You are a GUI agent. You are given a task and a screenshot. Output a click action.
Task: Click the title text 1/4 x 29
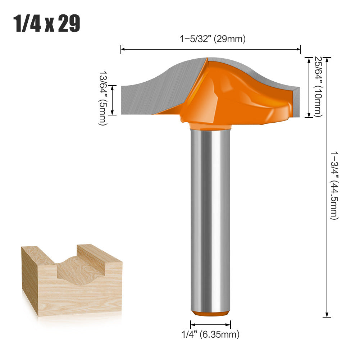point(47,24)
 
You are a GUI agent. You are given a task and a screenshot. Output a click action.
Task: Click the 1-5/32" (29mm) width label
point(213,39)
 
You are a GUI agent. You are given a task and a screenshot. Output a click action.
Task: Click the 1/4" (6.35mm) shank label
point(210,334)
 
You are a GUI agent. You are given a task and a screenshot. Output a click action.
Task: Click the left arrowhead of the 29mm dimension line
point(123,49)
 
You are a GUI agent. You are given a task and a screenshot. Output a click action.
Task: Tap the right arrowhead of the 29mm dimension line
point(298,49)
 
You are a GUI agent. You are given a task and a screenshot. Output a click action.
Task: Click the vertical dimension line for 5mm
point(113,100)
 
